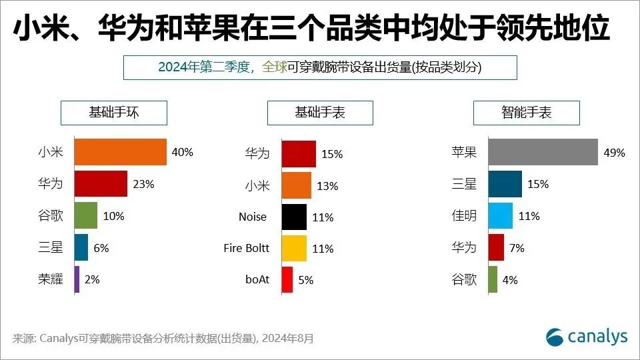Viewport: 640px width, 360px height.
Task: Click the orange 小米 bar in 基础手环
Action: [120, 152]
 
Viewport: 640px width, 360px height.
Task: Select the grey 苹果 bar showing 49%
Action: [543, 152]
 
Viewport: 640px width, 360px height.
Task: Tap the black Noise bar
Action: [294, 217]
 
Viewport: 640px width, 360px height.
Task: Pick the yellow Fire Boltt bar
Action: [294, 249]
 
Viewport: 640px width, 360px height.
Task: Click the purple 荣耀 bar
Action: [77, 279]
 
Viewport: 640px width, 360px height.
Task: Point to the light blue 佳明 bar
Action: [500, 216]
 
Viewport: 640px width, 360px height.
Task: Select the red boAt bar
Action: [287, 280]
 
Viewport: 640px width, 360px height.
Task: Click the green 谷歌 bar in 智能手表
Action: [493, 280]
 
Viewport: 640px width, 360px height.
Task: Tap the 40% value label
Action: [182, 152]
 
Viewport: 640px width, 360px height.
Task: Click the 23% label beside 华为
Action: [143, 184]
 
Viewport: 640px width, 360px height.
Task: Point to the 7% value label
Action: [517, 248]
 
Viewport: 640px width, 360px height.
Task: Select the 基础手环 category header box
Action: [113, 113]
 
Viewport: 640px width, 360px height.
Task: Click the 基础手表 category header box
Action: [320, 113]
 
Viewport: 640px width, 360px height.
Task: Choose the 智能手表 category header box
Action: [527, 113]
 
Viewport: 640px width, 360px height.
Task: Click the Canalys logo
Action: [587, 337]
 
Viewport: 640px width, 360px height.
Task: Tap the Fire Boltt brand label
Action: [247, 248]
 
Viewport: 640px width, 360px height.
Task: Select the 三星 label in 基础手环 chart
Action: [51, 248]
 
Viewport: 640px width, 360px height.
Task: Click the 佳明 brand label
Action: [464, 216]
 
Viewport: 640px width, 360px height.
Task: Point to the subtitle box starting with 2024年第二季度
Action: [320, 67]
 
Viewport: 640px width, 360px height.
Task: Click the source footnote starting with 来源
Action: [163, 339]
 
